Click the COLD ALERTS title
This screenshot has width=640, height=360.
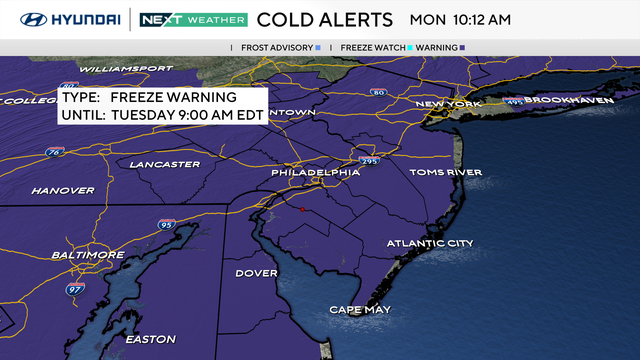click(x=324, y=19)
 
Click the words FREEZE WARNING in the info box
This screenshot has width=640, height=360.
click(x=173, y=97)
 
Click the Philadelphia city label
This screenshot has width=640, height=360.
click(x=315, y=172)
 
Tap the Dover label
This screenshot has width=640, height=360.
click(x=256, y=273)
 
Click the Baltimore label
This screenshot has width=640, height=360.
click(x=88, y=255)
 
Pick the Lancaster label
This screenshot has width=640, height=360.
click(x=165, y=164)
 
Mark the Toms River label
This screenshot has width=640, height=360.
click(x=446, y=172)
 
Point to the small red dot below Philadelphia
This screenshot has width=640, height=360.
click(x=302, y=210)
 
